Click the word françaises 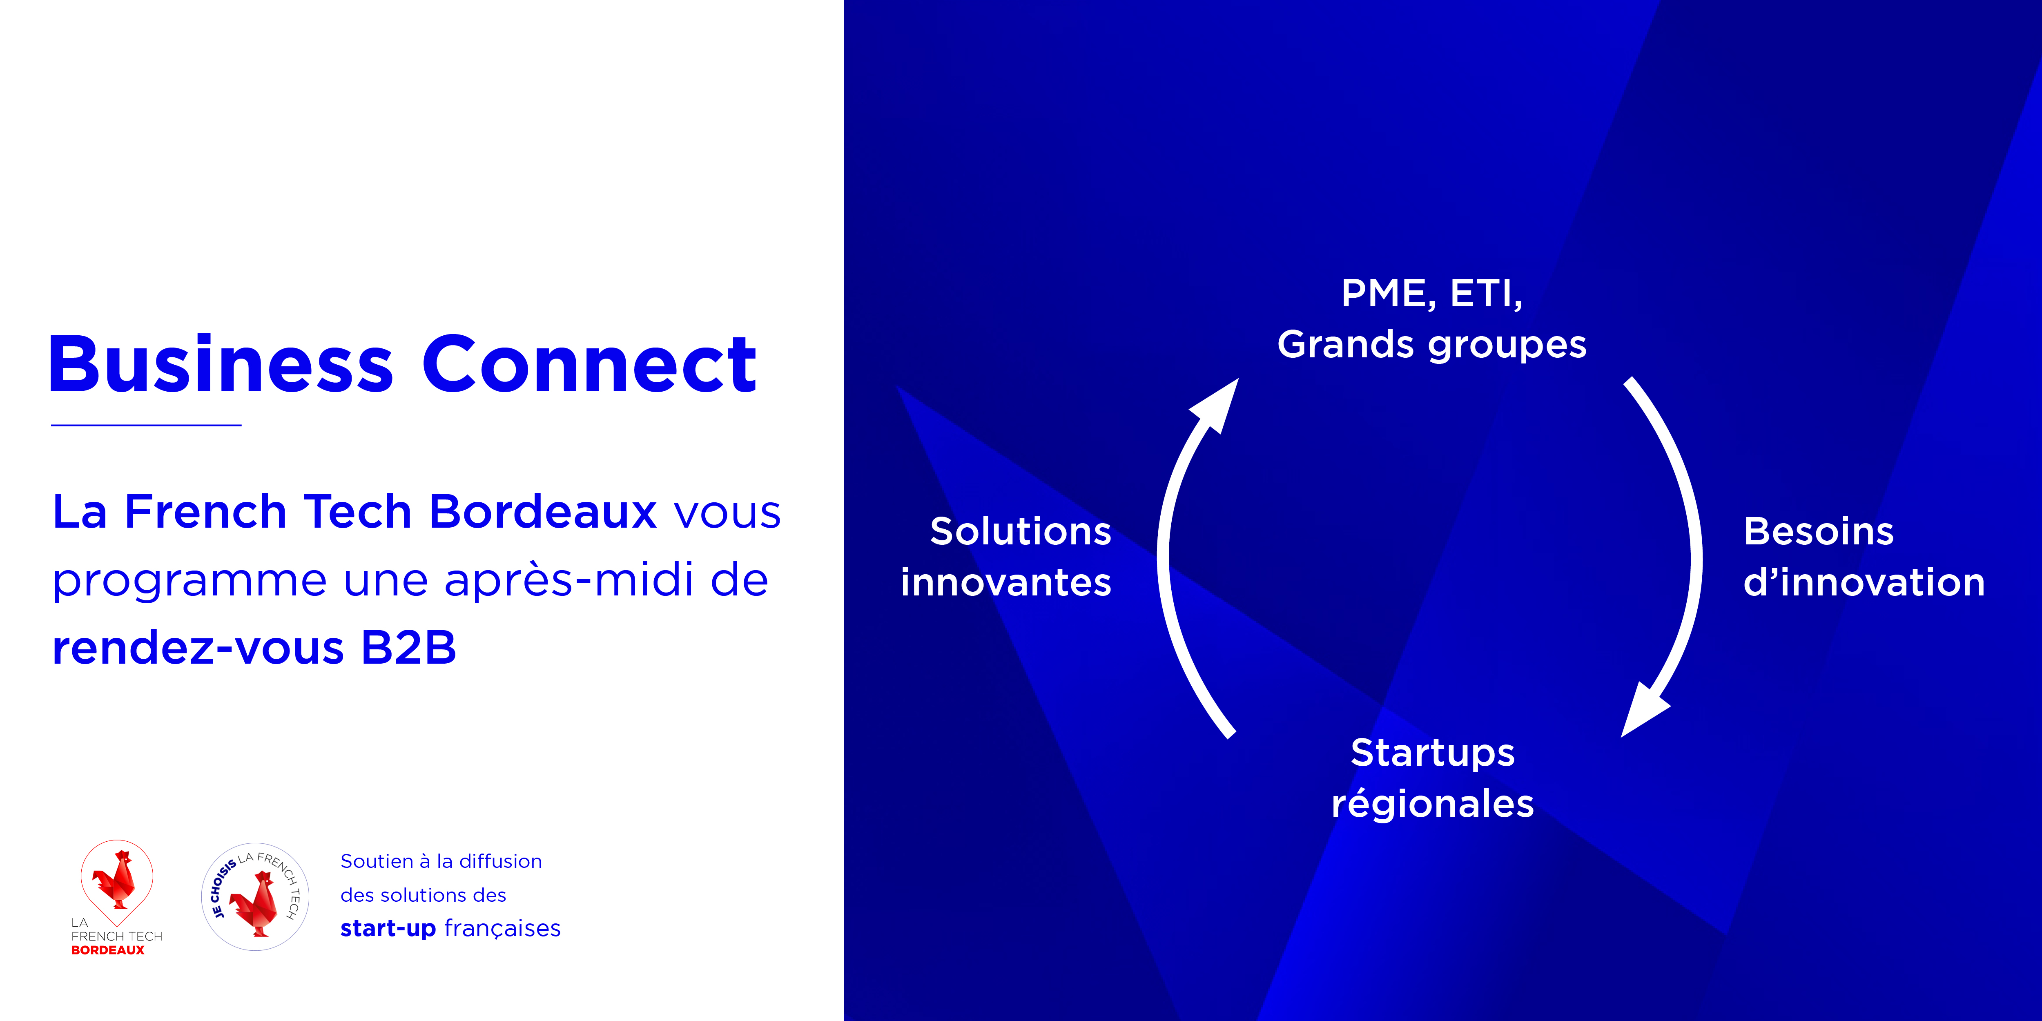503,929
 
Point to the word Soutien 377,862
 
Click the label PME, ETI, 1431,294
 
